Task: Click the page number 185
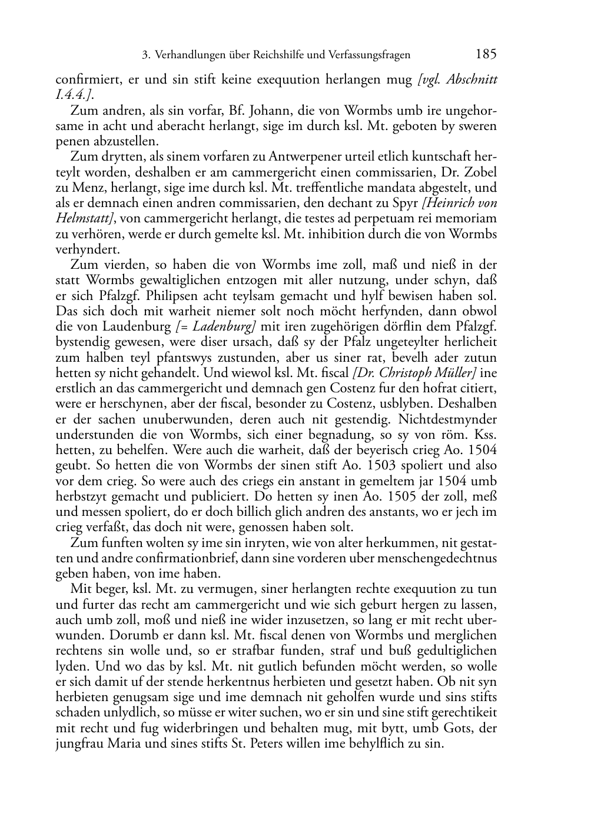click(486, 55)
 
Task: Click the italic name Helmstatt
click(82, 219)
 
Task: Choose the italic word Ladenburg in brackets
click(219, 326)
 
